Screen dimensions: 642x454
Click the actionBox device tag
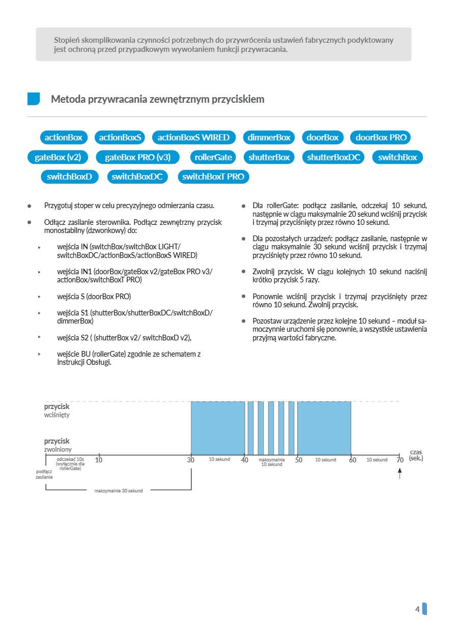coord(64,137)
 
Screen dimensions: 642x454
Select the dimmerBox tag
coord(269,137)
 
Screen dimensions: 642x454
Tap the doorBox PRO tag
coord(381,137)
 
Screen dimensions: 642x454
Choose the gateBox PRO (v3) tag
coord(137,157)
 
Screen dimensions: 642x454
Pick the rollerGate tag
coord(213,157)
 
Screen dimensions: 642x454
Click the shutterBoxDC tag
coord(334,157)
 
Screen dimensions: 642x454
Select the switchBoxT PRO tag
coord(213,177)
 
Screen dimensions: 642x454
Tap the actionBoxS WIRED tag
coord(193,137)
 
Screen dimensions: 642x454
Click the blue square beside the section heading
coord(34,99)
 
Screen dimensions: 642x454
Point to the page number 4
coord(417,609)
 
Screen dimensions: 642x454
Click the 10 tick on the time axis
coord(99,460)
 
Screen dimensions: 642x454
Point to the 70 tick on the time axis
coord(400,460)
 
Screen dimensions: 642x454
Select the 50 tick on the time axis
coord(299,460)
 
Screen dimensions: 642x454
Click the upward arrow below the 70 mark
coord(400,474)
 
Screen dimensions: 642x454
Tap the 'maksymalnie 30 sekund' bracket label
coord(119,491)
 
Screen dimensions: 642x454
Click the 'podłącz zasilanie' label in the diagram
coord(44,475)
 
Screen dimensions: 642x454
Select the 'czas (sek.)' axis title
coord(416,455)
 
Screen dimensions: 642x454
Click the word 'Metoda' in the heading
coord(68,99)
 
